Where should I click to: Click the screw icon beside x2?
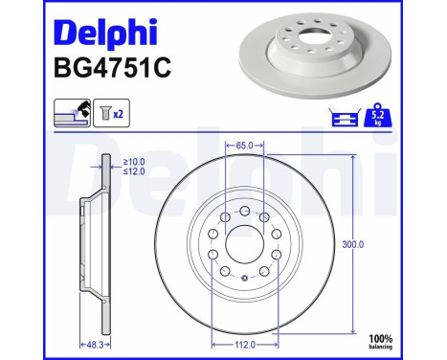[100, 114]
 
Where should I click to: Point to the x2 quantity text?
[119, 115]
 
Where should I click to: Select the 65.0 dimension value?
[244, 146]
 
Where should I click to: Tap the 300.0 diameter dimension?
[354, 244]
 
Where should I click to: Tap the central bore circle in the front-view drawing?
[244, 244]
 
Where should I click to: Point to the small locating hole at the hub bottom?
[245, 279]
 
